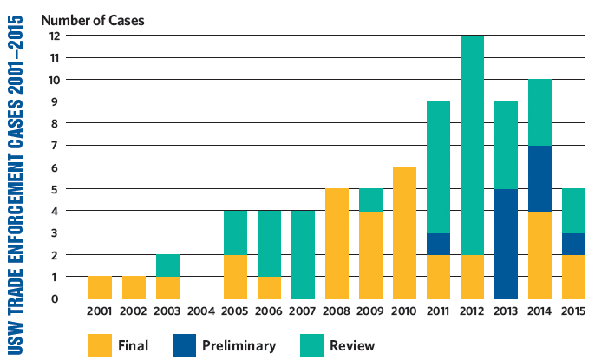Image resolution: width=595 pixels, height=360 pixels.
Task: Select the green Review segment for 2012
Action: [x=472, y=145]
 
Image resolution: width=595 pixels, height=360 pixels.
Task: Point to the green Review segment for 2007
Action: [x=303, y=254]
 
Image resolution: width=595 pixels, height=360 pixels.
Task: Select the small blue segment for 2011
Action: [x=438, y=244]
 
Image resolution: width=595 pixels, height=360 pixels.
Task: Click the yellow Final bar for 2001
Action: [x=101, y=287]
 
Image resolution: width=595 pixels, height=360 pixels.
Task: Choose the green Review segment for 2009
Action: [x=370, y=200]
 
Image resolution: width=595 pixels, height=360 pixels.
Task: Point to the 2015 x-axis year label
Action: [x=572, y=311]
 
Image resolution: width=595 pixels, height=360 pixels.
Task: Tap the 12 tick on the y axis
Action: [x=53, y=36]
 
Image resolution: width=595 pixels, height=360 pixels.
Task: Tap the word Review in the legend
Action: [x=351, y=345]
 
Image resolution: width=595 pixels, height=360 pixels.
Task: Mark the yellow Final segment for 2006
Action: [x=268, y=287]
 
